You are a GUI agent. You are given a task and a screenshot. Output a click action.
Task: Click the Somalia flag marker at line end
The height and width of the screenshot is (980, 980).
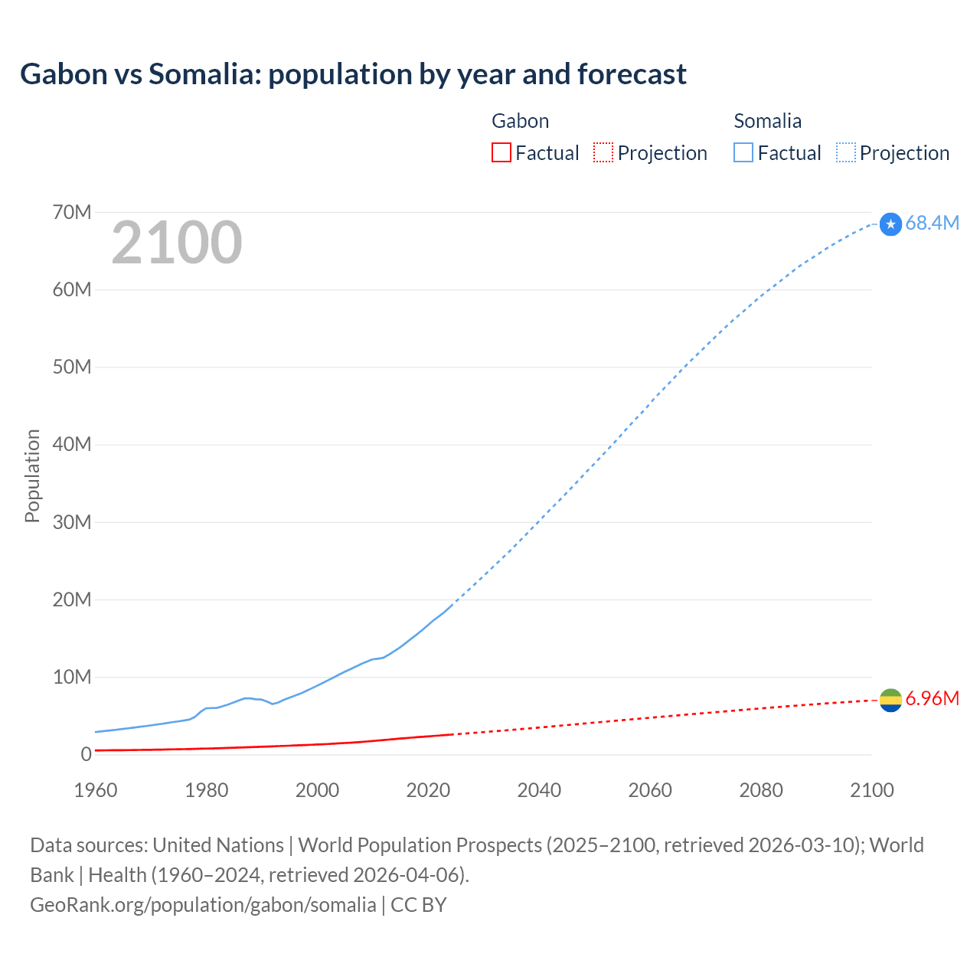click(890, 224)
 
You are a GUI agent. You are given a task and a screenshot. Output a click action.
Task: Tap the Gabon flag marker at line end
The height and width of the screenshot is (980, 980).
click(890, 700)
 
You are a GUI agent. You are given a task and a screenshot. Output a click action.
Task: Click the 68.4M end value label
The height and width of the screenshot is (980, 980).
click(932, 223)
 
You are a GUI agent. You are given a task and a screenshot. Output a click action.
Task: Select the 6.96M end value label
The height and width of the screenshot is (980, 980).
click(932, 698)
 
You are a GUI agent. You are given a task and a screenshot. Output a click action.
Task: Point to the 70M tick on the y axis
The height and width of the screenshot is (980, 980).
click(72, 212)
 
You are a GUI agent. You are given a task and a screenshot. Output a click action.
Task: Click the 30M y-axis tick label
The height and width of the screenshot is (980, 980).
click(72, 522)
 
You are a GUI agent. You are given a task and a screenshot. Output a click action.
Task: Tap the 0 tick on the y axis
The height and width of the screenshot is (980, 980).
click(86, 754)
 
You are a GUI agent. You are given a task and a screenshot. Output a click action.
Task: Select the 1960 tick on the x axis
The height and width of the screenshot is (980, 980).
click(96, 790)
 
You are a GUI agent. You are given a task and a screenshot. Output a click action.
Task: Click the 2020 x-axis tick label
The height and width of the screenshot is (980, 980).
click(428, 790)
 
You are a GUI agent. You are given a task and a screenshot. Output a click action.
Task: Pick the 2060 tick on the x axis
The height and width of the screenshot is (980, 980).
click(650, 790)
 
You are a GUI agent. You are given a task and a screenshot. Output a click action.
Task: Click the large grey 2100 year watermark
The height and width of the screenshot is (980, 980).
click(177, 243)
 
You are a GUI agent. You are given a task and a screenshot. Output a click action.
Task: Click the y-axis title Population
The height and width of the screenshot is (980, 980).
click(32, 475)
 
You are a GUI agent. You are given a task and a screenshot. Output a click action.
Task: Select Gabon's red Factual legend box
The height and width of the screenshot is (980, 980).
click(501, 152)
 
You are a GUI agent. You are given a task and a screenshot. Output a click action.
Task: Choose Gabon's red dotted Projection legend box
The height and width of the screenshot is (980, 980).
click(603, 152)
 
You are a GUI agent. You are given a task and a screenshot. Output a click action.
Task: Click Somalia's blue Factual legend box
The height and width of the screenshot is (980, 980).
click(743, 152)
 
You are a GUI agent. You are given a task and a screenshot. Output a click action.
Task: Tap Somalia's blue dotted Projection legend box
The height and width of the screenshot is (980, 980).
click(845, 152)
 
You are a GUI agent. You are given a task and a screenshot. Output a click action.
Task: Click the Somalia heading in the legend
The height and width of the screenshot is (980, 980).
click(767, 121)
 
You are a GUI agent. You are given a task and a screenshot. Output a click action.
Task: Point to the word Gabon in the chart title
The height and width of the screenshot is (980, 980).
click(64, 74)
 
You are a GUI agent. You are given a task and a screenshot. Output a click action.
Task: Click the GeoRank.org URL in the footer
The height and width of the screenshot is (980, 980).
click(203, 904)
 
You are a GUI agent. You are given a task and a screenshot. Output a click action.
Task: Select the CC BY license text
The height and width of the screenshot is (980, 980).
click(419, 904)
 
